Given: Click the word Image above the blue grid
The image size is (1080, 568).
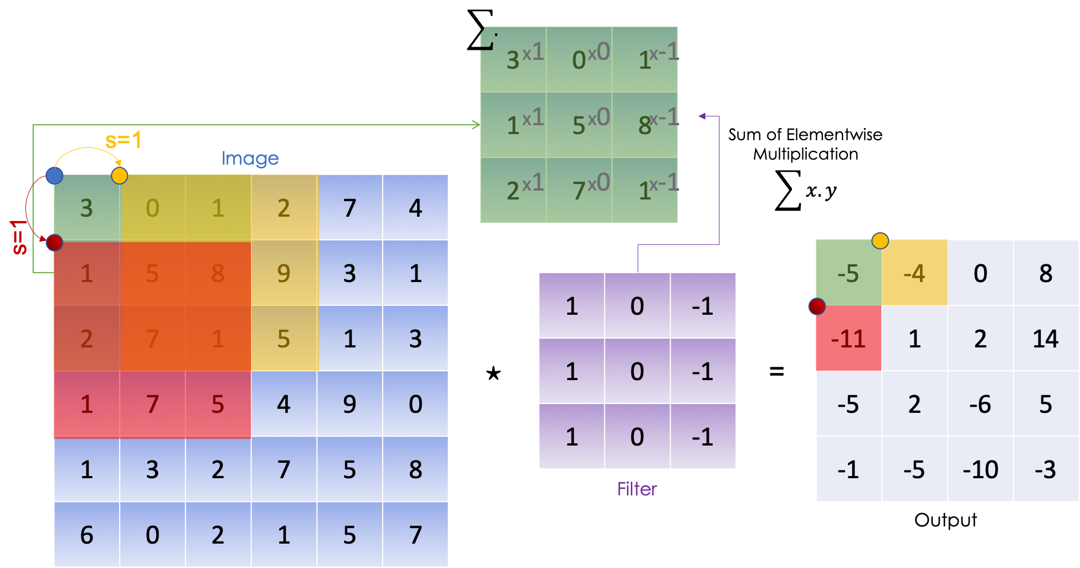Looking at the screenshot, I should point(250,158).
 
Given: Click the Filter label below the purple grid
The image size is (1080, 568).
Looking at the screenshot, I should point(637,489).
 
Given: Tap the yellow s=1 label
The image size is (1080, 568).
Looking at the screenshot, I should point(123,140).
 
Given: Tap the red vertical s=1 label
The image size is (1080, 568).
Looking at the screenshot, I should point(19,237).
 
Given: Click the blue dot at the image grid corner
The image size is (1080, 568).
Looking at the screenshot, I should point(54,176).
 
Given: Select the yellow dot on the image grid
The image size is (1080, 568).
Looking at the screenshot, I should point(120,176).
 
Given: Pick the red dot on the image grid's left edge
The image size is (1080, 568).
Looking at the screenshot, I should point(54,242).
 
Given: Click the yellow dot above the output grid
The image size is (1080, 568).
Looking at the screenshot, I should point(880,240).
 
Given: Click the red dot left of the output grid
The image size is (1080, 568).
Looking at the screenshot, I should point(817,306).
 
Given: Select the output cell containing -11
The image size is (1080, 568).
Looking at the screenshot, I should point(848,338).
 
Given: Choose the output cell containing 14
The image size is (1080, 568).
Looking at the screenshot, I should point(1046,338).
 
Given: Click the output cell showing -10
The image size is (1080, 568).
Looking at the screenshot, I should point(980,470).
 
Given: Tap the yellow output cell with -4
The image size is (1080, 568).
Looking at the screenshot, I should point(914,273).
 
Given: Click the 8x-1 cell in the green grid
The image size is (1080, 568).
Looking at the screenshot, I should point(645,125).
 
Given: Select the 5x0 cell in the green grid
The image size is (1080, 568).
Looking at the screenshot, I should point(579,125).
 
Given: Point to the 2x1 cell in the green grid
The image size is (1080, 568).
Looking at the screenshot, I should point(513,190).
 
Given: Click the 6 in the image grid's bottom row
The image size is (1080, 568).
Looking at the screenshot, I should point(87,535).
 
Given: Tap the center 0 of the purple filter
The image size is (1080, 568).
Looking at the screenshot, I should point(637,371).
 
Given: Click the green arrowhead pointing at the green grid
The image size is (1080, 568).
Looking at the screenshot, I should point(476,125).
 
